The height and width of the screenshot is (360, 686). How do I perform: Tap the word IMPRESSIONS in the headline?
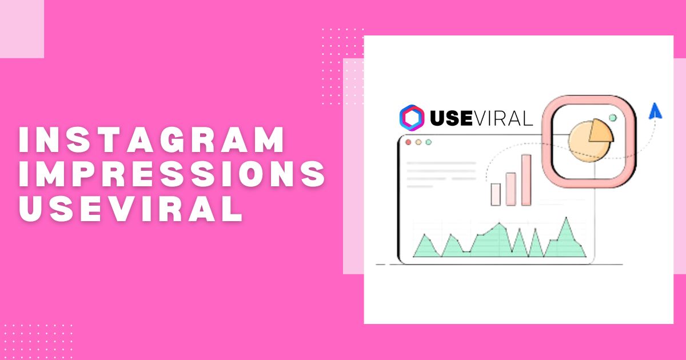[172, 174]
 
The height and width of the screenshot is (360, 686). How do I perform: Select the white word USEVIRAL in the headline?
[131, 209]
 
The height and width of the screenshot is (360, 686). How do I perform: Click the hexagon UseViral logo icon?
[412, 118]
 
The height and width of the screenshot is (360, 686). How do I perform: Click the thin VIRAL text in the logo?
[503, 118]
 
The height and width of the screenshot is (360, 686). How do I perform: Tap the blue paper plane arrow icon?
[655, 111]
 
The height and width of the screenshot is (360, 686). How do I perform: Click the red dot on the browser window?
[408, 142]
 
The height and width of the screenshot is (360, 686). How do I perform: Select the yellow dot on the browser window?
[418, 142]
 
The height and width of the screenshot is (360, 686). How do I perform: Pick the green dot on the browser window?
[428, 142]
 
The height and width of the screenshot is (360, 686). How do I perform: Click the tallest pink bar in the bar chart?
[526, 180]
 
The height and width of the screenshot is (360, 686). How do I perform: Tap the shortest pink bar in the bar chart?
[496, 194]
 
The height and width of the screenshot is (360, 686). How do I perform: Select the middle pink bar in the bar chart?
[510, 189]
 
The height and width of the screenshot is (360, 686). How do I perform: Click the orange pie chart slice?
[600, 131]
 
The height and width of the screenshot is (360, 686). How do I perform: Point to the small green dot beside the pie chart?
[613, 118]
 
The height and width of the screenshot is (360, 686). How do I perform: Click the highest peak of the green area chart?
[566, 218]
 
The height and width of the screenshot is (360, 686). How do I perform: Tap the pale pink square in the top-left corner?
[22, 29]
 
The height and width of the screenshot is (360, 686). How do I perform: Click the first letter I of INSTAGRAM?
[23, 139]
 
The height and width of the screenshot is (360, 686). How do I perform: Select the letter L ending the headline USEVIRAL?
[234, 209]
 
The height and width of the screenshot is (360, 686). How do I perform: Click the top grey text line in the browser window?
[441, 163]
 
